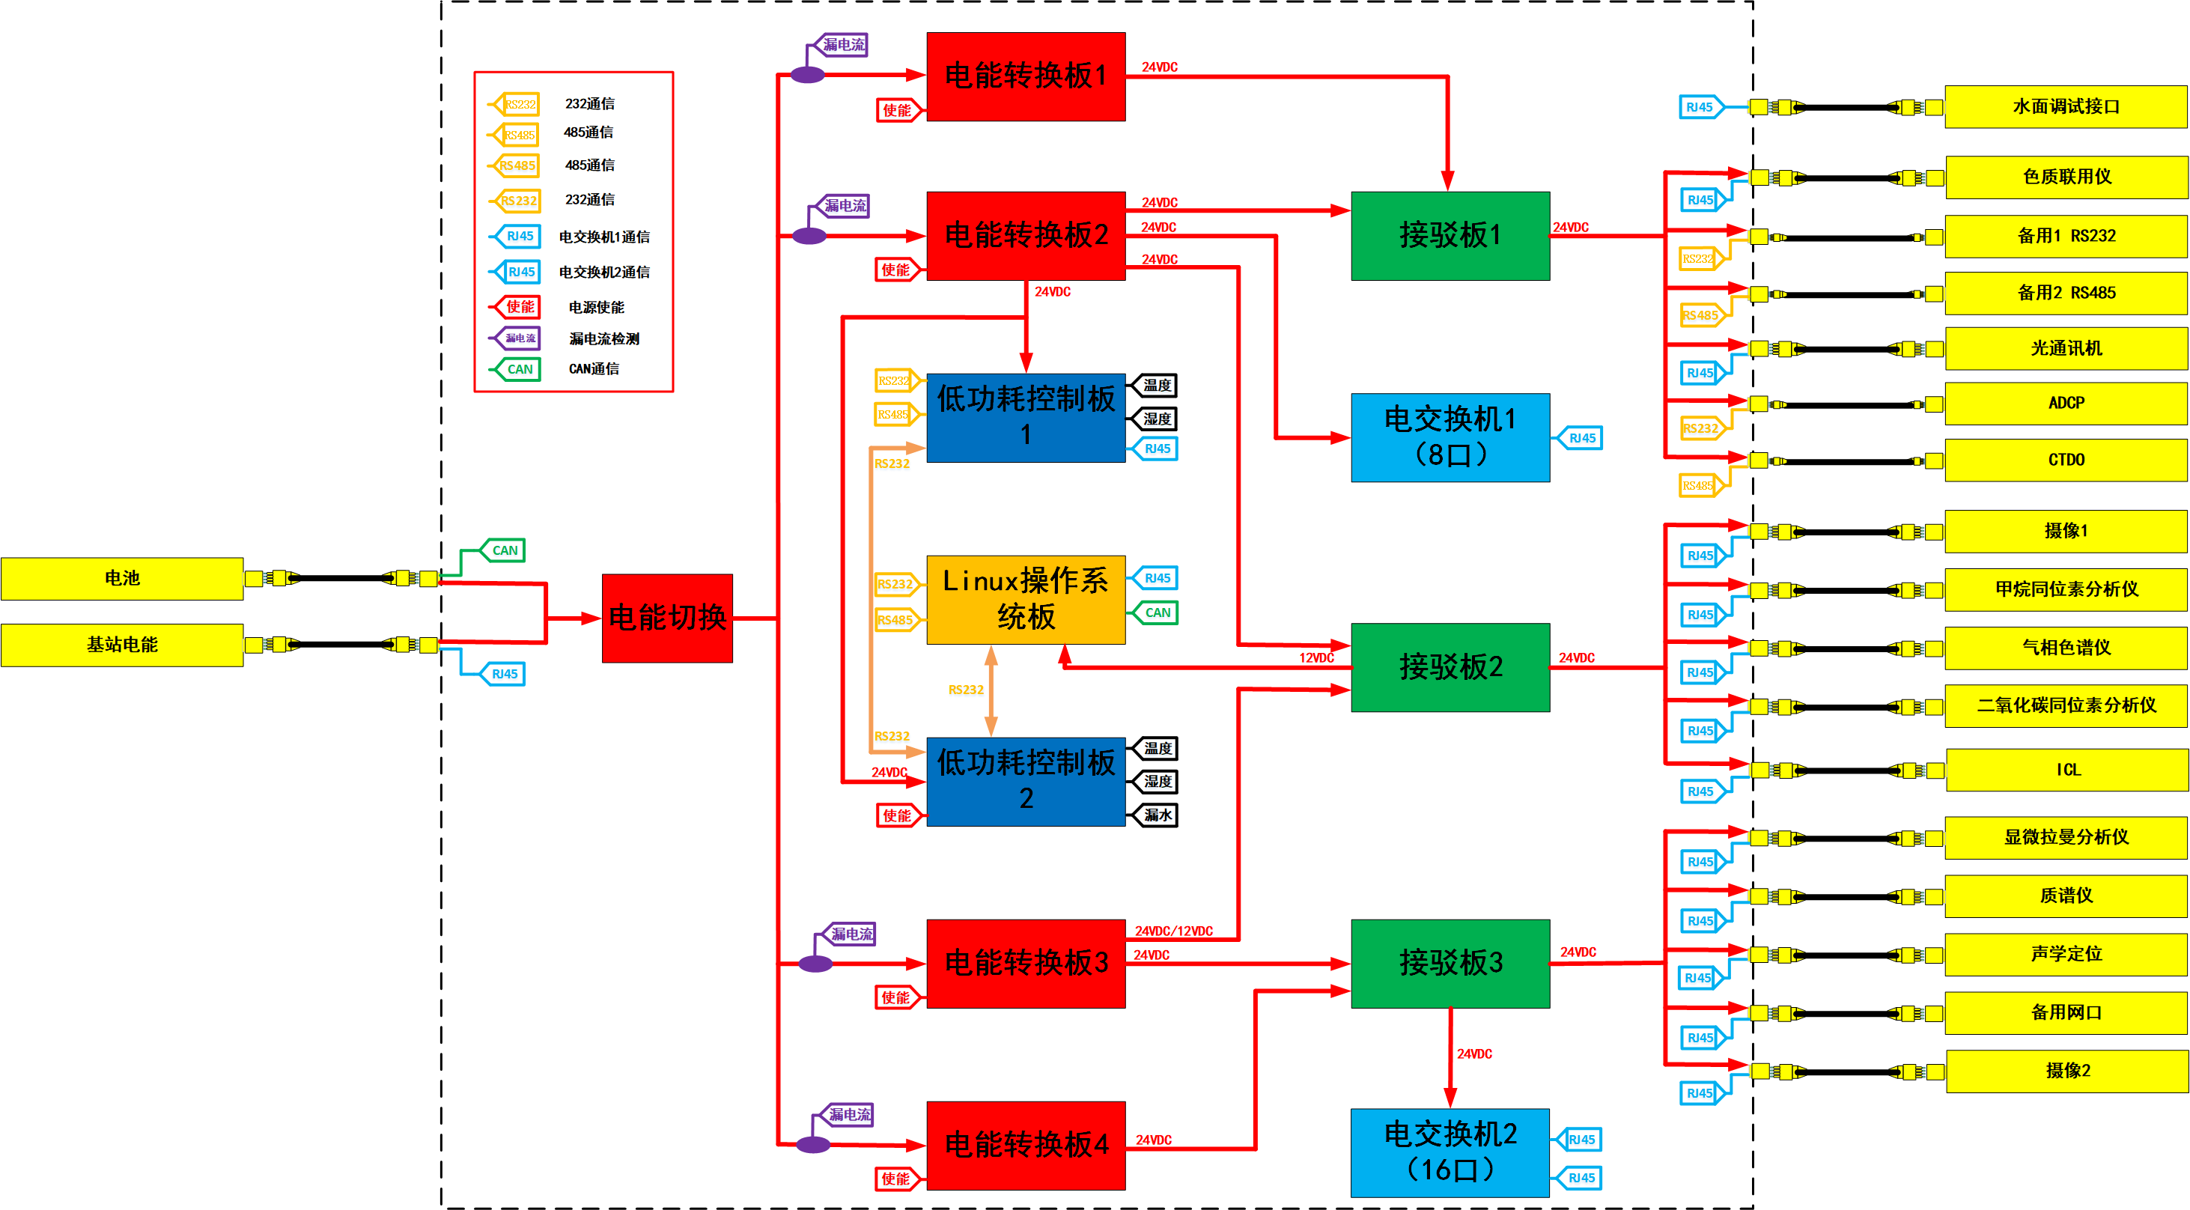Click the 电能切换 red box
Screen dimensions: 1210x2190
pos(666,618)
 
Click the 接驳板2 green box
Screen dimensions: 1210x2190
pos(1450,667)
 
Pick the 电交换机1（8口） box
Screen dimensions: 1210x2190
pos(1450,437)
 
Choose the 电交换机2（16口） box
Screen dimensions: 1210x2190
pos(1450,1152)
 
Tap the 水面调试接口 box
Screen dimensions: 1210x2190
pos(2065,107)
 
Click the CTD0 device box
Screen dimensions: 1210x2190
pos(2065,460)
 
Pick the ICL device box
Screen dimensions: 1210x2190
pos(2066,770)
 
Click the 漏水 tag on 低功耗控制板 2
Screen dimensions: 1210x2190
pos(1157,815)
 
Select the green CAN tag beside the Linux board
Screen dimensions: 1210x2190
pos(1157,613)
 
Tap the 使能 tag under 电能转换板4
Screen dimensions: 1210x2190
pos(895,1179)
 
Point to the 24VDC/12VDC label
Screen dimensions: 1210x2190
pos(1173,931)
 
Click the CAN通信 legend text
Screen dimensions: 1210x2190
pos(594,369)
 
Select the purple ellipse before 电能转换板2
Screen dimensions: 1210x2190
pos(809,236)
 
